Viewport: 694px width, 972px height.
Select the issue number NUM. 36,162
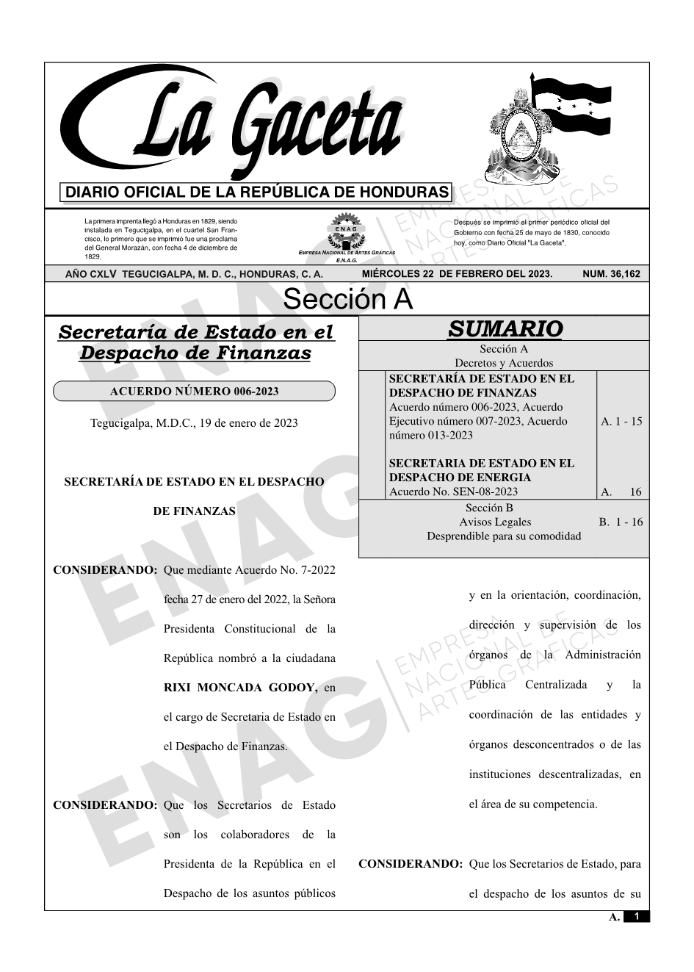tap(610, 274)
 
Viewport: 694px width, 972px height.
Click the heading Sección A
tap(347, 300)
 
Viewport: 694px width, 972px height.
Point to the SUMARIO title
tap(505, 329)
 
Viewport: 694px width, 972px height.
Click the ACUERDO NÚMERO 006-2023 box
tap(194, 391)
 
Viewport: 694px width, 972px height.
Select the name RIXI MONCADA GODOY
tap(241, 688)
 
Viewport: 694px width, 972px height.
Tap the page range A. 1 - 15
tap(621, 421)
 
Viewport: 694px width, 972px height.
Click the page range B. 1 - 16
tap(621, 522)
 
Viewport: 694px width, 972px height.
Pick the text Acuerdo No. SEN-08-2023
tap(453, 492)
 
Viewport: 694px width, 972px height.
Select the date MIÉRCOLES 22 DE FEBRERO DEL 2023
tap(457, 274)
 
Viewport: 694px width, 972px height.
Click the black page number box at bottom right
tap(636, 916)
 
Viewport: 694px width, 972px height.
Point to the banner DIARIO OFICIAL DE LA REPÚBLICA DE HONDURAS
tap(257, 192)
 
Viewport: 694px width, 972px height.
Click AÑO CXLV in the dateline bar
tap(92, 274)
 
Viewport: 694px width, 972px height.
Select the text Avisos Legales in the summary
tap(495, 522)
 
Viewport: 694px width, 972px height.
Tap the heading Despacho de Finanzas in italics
tap(195, 353)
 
